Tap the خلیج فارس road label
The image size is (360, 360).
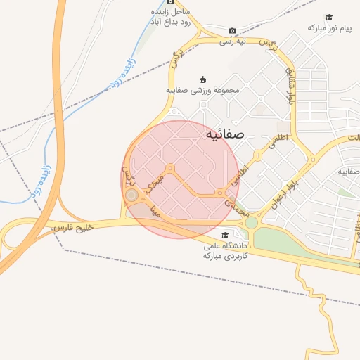click(x=73, y=228)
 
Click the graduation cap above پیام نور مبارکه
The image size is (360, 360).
click(x=328, y=17)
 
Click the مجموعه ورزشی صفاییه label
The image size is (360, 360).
click(x=203, y=90)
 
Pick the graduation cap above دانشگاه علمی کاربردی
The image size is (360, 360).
click(x=224, y=235)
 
